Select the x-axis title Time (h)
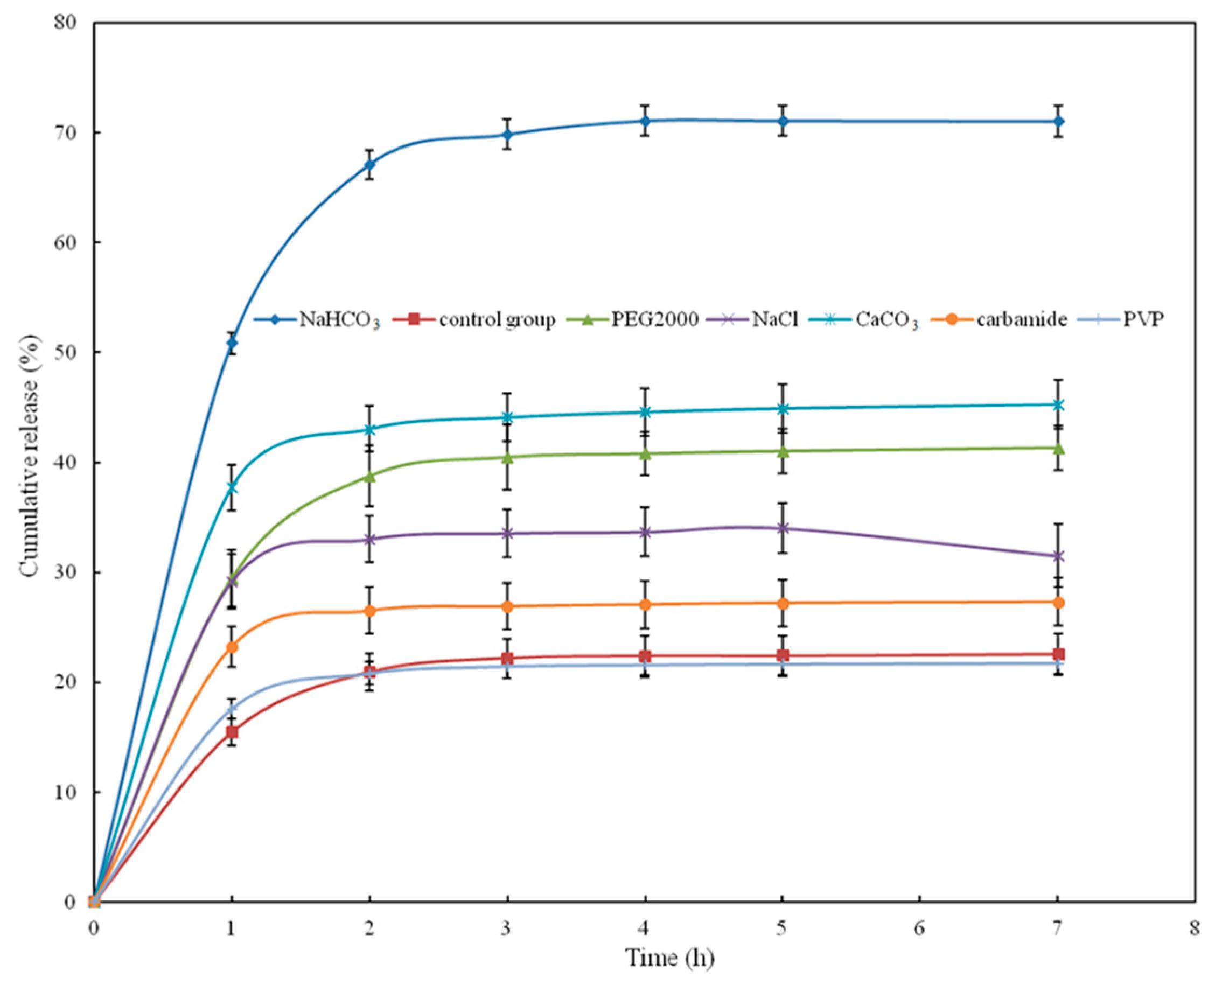(x=669, y=958)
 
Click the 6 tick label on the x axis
(x=919, y=929)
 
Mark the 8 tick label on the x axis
(x=1195, y=929)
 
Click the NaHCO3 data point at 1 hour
(x=232, y=343)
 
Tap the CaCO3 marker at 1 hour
(x=232, y=488)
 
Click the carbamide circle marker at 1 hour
(x=232, y=647)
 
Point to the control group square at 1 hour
(x=232, y=732)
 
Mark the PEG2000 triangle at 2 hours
(x=369, y=477)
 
